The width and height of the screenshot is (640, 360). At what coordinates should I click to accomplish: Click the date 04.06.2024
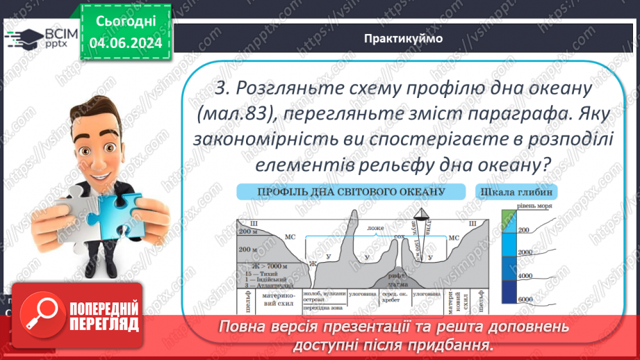pos(125,44)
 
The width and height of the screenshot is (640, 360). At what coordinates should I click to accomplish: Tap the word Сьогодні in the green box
pos(125,22)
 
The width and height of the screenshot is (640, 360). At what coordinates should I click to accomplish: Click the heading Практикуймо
pos(402,38)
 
